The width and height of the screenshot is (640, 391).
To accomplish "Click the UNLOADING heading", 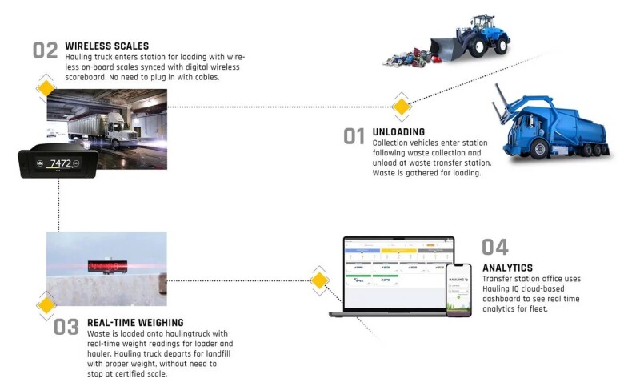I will (398, 131).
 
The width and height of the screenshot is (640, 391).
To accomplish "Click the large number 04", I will (495, 247).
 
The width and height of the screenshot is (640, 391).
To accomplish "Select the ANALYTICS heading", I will (508, 268).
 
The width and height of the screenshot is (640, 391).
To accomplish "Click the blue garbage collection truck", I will (551, 125).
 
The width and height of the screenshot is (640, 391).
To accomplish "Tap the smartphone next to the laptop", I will (458, 288).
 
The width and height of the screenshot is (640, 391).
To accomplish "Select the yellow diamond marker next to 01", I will (401, 105).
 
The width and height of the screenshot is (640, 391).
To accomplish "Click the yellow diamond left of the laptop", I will (318, 280).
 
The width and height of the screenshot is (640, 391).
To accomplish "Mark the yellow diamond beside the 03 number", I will (46, 304).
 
